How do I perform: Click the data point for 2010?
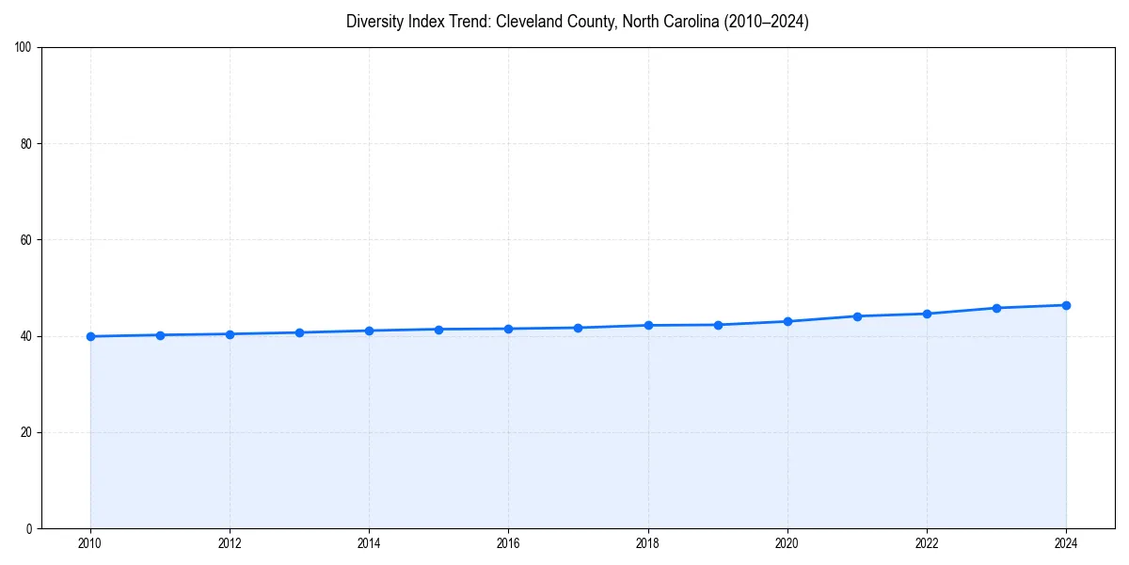pos(90,336)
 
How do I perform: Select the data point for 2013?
pos(299,332)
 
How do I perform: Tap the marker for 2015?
pos(438,330)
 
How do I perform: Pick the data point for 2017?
pos(578,328)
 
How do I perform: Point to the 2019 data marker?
pos(718,325)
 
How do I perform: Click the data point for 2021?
pos(857,316)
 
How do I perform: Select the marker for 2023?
pos(996,308)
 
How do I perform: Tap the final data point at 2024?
pos(1066,305)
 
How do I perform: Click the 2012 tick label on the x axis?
pos(230,543)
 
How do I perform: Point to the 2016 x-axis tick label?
pos(508,543)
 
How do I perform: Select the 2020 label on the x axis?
pos(787,543)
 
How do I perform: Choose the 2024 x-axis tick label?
pos(1066,543)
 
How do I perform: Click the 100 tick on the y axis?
pos(24,48)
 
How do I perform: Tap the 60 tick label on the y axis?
pos(26,240)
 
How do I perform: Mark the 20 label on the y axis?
pos(26,432)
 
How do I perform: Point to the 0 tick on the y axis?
pos(29,528)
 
